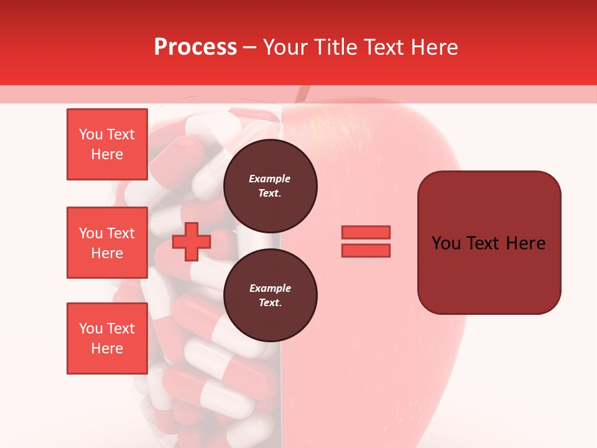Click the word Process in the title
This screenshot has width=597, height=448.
click(x=195, y=47)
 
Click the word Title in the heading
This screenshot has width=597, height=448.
click(x=336, y=47)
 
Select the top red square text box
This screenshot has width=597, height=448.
click(x=107, y=144)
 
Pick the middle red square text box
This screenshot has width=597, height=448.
click(x=107, y=243)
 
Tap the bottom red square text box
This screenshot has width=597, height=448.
click(x=107, y=338)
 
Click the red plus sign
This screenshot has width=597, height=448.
click(x=191, y=242)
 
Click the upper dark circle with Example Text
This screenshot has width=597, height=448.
click(x=270, y=185)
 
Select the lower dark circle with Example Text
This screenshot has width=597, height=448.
click(x=270, y=295)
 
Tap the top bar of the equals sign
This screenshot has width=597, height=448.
click(x=366, y=232)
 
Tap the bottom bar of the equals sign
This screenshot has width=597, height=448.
click(x=366, y=251)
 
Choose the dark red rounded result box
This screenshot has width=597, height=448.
click(x=489, y=242)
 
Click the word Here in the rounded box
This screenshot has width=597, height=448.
click(x=525, y=243)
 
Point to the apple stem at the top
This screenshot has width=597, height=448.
click(x=302, y=94)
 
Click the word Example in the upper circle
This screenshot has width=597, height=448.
click(x=270, y=179)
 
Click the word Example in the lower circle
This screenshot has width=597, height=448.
click(x=270, y=288)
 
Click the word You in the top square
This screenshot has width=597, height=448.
click(x=91, y=134)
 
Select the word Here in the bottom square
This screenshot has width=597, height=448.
click(x=107, y=348)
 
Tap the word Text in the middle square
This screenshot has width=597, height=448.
click(x=121, y=233)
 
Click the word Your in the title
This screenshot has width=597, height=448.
click(x=285, y=47)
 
